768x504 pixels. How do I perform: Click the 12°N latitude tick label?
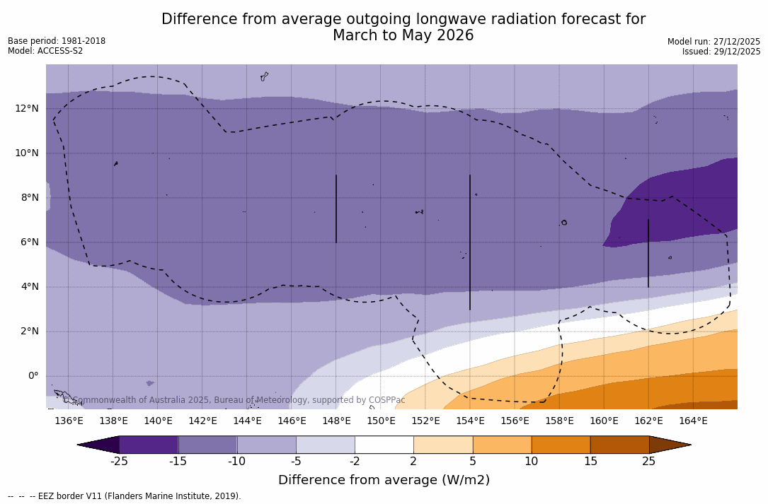24,108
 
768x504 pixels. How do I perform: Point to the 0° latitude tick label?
33,376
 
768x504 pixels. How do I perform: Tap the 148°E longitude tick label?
336,421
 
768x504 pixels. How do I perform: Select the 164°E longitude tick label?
693,421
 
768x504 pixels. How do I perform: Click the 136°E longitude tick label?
69,421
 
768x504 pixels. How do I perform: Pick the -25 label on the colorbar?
119,462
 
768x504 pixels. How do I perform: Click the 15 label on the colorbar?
590,462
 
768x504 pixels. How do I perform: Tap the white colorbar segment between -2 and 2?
384,445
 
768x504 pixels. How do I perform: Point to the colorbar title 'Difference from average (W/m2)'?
384,481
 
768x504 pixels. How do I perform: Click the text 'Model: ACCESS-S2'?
45,51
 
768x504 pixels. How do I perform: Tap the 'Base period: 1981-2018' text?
57,41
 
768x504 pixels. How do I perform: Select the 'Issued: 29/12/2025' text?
721,52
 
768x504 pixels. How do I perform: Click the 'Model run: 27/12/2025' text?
713,42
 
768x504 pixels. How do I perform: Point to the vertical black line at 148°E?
336,209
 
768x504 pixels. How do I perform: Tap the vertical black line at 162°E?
648,253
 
